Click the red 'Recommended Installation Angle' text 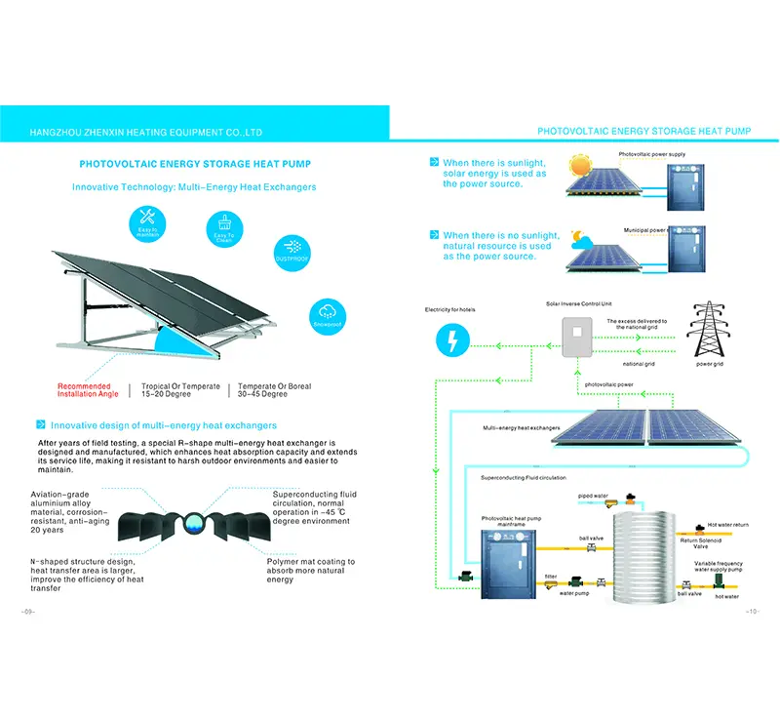(84, 390)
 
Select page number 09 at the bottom (28, 613)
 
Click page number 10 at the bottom (751, 613)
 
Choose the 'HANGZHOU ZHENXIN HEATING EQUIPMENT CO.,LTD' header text (145, 131)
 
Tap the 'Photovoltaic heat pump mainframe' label (504, 523)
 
